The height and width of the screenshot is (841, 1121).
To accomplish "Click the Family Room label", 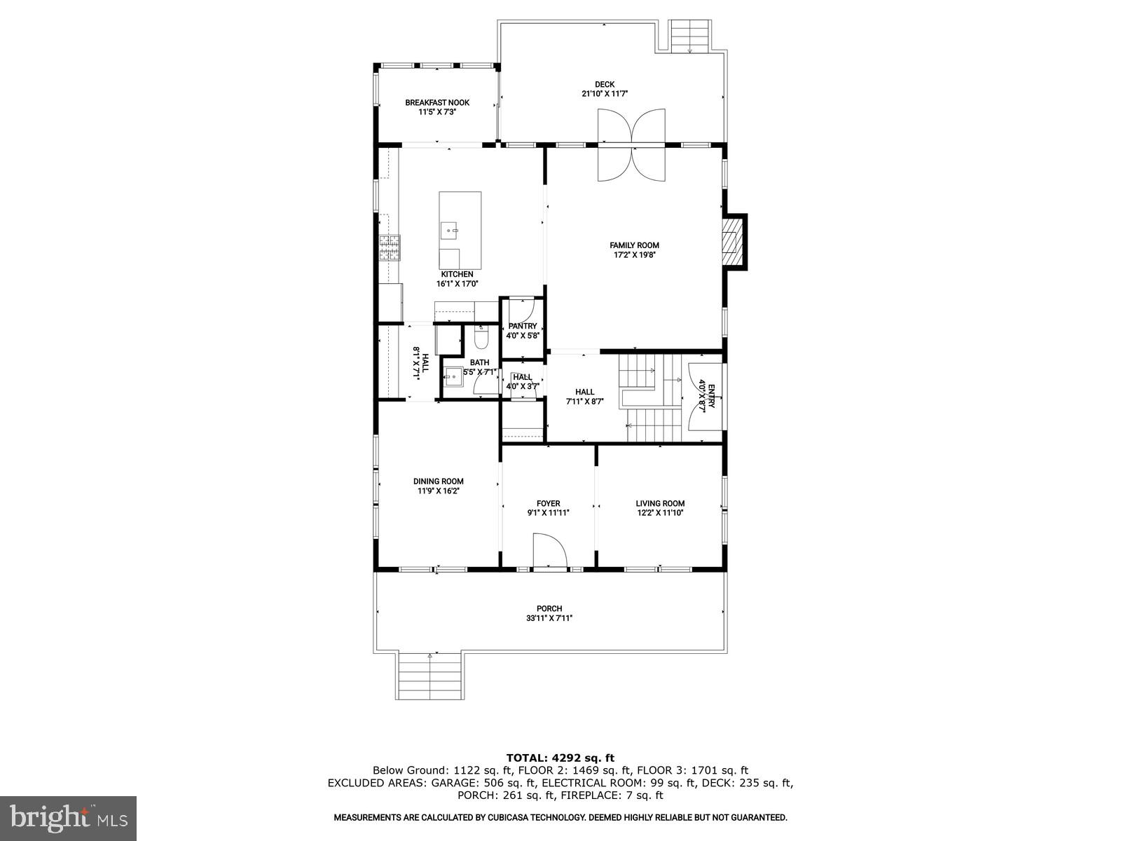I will pyautogui.click(x=634, y=245).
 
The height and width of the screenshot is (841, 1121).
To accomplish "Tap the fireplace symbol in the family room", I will pyautogui.click(x=732, y=242).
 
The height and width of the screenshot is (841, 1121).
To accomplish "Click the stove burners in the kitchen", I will pyautogui.click(x=390, y=247).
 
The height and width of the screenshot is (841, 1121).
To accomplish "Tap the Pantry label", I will pyautogui.click(x=523, y=326).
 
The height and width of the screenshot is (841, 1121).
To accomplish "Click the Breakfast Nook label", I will pyautogui.click(x=437, y=102).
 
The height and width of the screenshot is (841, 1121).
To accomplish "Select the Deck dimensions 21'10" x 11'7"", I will pyautogui.click(x=604, y=94).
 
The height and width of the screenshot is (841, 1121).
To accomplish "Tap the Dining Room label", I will pyautogui.click(x=438, y=481).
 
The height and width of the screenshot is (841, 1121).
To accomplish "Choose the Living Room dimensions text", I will pyautogui.click(x=660, y=513).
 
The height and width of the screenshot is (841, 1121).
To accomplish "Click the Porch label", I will pyautogui.click(x=549, y=608).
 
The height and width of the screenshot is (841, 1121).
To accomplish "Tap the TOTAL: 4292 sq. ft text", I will pyautogui.click(x=560, y=758).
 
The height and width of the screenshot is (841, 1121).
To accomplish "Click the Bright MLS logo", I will pyautogui.click(x=69, y=816).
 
